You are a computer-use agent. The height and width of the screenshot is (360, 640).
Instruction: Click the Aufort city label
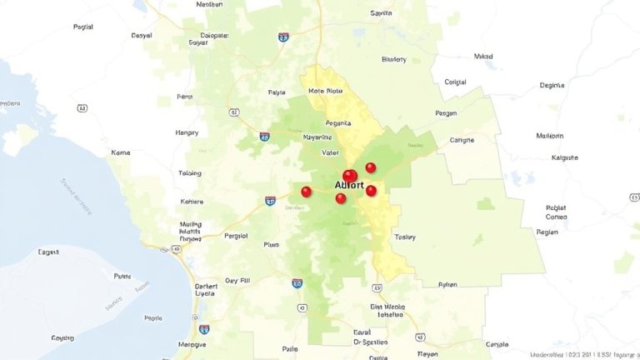tap(349, 185)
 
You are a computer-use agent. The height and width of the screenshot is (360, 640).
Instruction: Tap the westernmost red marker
tap(306, 192)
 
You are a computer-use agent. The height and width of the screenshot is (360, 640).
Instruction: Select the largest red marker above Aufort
tap(350, 175)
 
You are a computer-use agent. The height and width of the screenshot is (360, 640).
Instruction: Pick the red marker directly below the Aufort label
tap(340, 198)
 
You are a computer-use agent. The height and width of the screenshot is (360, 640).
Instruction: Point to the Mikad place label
tap(483, 57)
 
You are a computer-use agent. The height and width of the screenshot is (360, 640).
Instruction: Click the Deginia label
tap(552, 85)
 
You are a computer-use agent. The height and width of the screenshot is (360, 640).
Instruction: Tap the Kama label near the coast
tap(121, 153)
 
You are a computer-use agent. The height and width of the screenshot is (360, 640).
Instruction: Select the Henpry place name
tap(187, 132)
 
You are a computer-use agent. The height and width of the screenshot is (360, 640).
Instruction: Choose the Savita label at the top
tap(381, 13)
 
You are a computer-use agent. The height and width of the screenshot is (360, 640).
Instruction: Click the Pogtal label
tap(83, 27)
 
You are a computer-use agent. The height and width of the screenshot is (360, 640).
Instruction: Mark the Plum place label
tap(272, 244)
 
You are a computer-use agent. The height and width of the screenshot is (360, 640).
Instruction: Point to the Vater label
tap(331, 152)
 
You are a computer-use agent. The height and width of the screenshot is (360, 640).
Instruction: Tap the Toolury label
tap(405, 237)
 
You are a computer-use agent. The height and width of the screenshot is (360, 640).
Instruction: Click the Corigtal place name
tap(455, 82)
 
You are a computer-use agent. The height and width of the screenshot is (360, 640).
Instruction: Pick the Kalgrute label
tap(565, 157)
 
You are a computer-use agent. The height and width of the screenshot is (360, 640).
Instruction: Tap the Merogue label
tap(192, 344)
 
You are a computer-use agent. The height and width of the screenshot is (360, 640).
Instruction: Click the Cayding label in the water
tap(62, 338)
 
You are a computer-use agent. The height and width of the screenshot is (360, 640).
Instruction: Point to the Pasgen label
tap(447, 113)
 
